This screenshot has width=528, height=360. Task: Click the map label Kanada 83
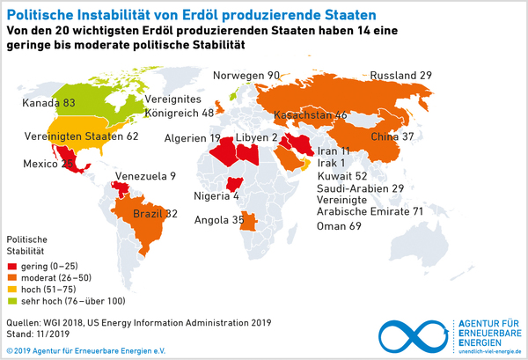pos(48,103)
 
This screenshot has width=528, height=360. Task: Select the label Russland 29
pos(400,76)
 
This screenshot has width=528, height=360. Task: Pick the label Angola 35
pos(217,220)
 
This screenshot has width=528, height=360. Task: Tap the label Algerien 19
pos(191,138)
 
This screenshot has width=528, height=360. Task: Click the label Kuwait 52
pos(341,176)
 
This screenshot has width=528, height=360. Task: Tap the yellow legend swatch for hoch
pos(13,289)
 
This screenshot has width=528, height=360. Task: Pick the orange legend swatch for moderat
pos(13,277)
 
